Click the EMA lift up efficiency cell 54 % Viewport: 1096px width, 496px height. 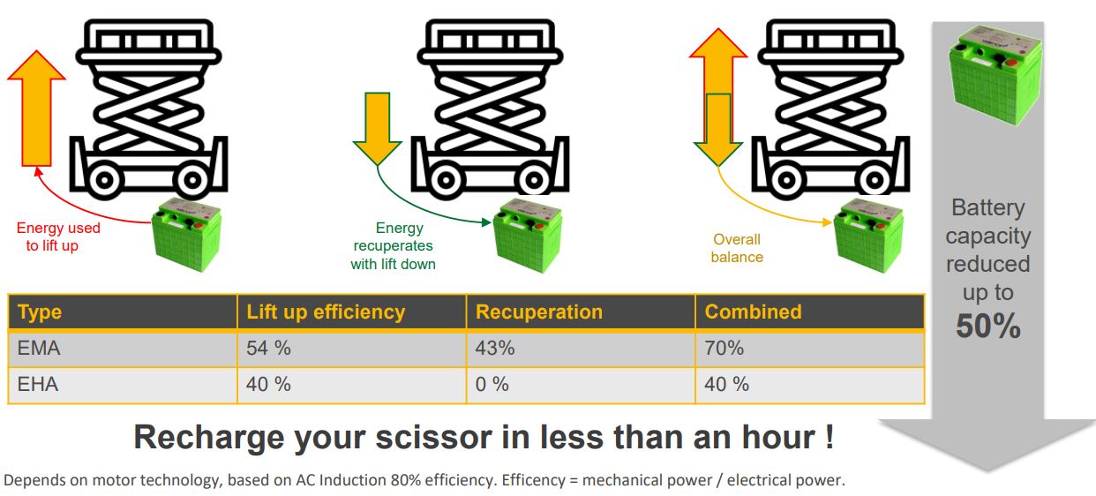(268, 349)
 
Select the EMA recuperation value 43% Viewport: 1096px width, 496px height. (495, 349)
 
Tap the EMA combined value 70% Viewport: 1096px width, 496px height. (724, 349)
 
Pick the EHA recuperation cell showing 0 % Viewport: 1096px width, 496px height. (492, 385)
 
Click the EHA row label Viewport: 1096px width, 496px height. (38, 385)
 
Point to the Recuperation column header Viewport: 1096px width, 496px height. (538, 312)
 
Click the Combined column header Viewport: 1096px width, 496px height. (753, 312)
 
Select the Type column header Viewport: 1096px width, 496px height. (40, 312)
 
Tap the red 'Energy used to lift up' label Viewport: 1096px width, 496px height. (57, 237)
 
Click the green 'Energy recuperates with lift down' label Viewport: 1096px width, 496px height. (393, 246)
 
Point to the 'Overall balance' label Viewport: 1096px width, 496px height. (737, 249)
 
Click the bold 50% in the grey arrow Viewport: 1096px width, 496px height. (987, 327)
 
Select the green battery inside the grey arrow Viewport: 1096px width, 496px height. (995, 76)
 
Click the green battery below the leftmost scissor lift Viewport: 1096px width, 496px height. (186, 234)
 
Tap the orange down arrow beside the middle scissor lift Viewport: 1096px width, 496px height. (377, 129)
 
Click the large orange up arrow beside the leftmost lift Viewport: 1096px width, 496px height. (36, 109)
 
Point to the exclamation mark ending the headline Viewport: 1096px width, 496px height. (829, 436)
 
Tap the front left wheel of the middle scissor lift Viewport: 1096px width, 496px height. (446, 180)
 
